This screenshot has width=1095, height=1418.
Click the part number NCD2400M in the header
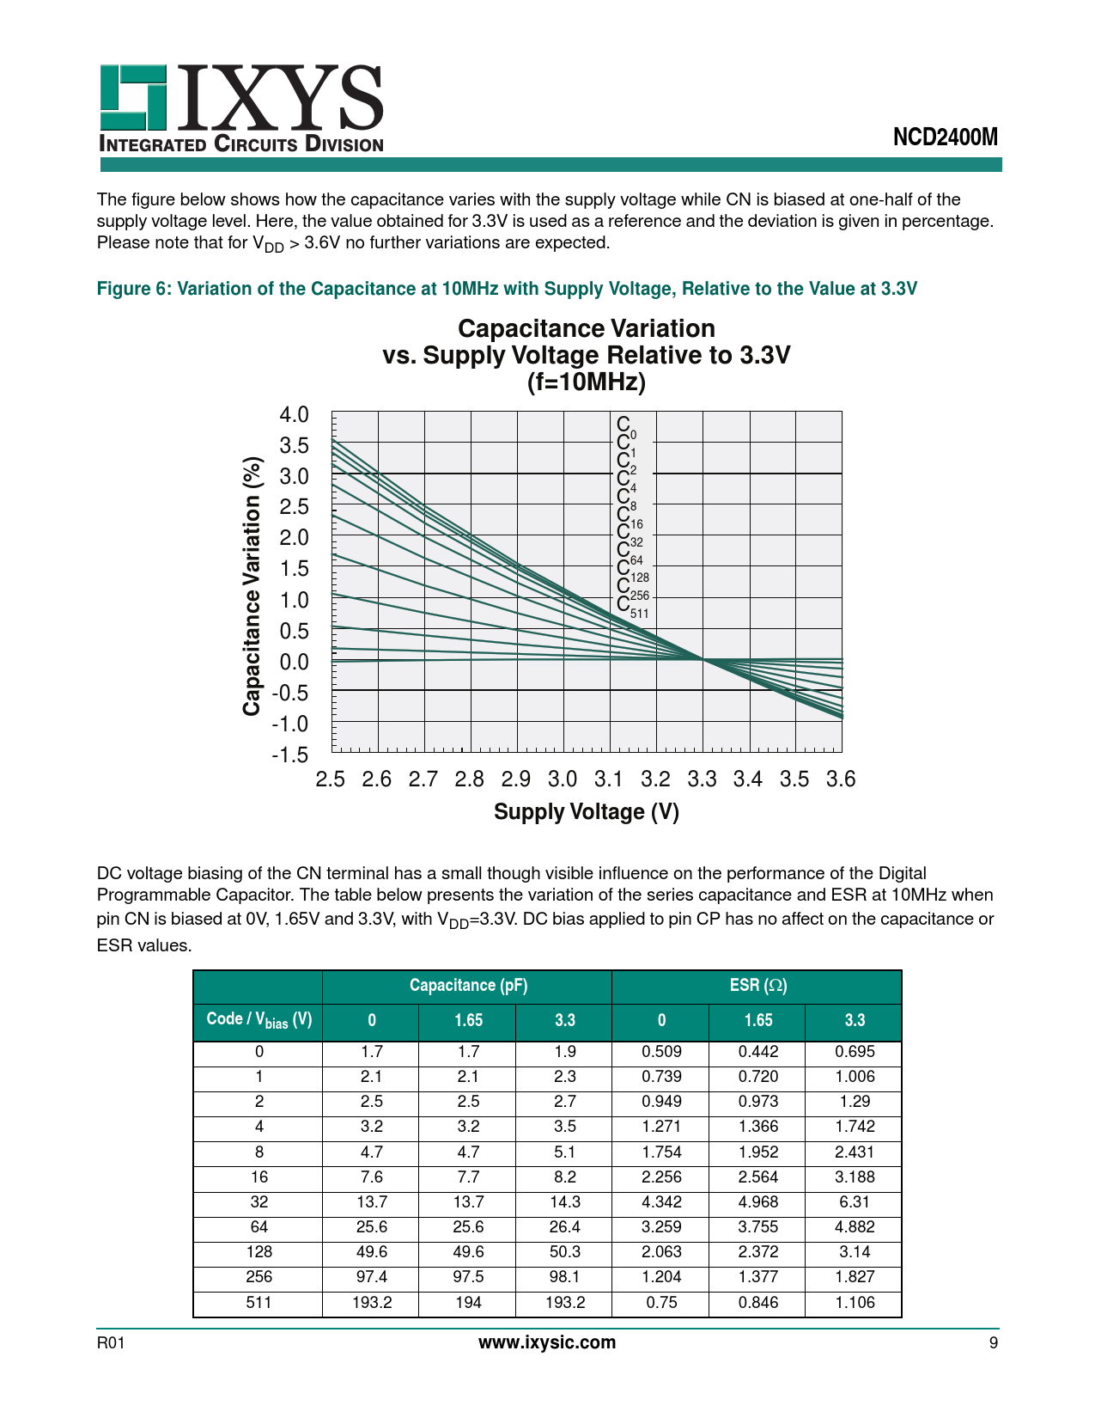tap(946, 138)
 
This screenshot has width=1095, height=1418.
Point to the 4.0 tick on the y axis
tap(294, 415)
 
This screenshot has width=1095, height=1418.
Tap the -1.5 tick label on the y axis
tap(289, 755)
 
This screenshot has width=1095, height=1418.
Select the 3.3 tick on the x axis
tap(702, 779)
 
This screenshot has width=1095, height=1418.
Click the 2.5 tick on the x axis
tap(331, 779)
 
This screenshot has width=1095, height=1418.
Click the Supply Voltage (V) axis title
tap(586, 812)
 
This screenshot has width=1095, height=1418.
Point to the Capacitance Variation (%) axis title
tap(251, 586)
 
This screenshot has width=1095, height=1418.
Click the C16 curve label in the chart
tap(630, 517)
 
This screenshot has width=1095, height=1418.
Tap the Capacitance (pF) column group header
tap(468, 986)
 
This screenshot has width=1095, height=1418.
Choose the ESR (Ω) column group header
tap(757, 986)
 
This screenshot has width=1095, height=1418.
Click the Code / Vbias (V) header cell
tap(259, 1020)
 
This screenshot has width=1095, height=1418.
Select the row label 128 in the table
tap(259, 1252)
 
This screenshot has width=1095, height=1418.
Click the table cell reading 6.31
tap(854, 1202)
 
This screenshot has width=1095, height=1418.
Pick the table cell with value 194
tap(468, 1303)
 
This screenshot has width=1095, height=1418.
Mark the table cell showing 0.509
tap(661, 1051)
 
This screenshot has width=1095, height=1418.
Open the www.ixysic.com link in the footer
tap(547, 1342)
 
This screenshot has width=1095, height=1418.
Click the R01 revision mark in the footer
tap(111, 1343)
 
